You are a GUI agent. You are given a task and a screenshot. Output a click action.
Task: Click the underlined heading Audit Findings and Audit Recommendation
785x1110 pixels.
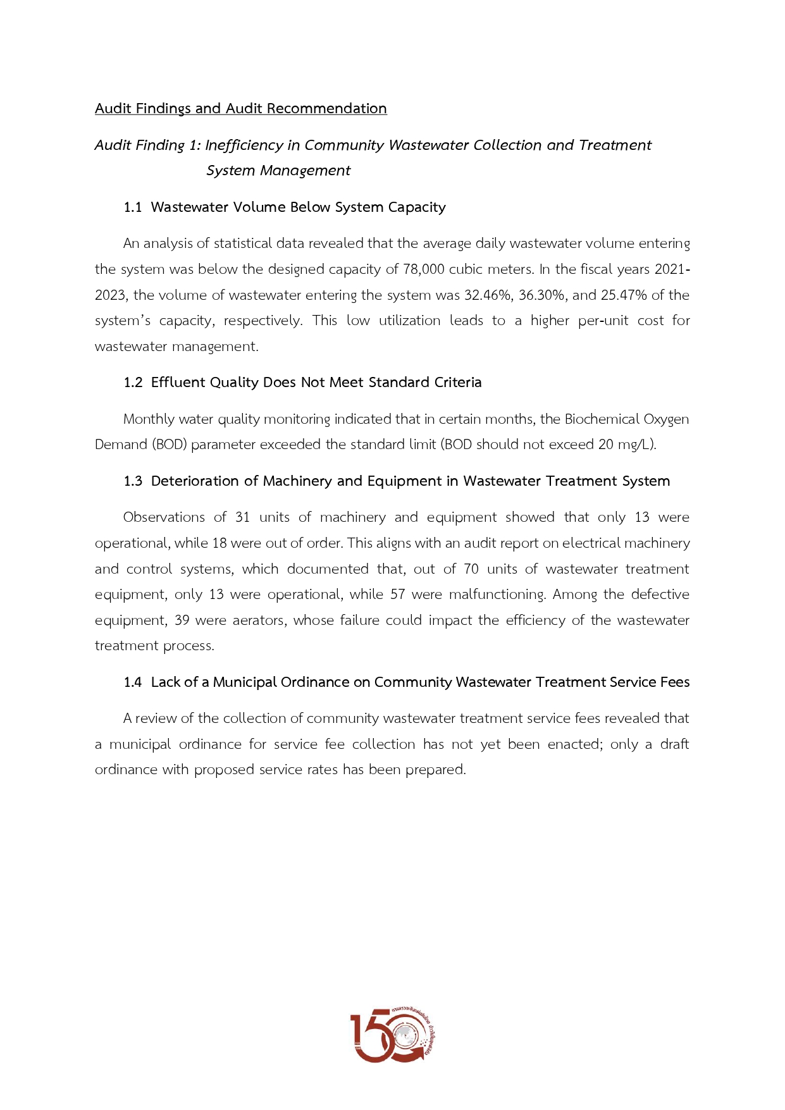pos(240,109)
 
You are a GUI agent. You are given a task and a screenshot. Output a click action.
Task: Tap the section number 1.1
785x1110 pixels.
pos(133,207)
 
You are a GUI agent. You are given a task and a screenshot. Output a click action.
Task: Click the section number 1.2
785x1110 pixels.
pos(133,383)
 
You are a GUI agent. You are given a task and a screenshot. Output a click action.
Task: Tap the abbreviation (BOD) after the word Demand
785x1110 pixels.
pos(169,445)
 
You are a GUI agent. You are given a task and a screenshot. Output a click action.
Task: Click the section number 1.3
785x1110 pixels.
pos(133,481)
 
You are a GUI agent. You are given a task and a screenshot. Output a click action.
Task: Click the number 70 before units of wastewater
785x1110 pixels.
pos(471,569)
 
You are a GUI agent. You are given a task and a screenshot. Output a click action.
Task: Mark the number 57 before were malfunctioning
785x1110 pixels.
pos(397,595)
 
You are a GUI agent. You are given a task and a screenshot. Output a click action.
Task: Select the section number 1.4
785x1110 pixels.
pos(133,682)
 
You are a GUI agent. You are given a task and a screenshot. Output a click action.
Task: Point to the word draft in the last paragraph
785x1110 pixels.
pos(674,744)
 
